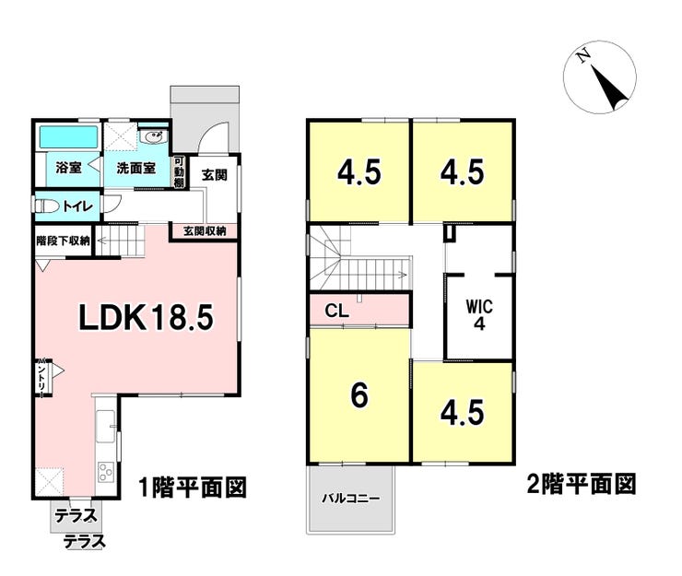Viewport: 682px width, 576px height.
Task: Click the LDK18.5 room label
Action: pyautogui.click(x=146, y=318)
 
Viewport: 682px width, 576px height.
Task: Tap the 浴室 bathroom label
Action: pyautogui.click(x=68, y=169)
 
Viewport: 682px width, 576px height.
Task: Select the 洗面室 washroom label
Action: pyautogui.click(x=135, y=170)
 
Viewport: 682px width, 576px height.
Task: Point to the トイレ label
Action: pyautogui.click(x=76, y=206)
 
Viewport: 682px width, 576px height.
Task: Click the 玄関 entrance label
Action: pyautogui.click(x=215, y=174)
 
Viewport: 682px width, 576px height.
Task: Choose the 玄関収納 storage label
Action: pyautogui.click(x=204, y=230)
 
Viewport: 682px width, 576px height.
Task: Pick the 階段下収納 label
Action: pyautogui.click(x=63, y=241)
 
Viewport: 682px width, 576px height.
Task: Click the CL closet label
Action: pyautogui.click(x=336, y=311)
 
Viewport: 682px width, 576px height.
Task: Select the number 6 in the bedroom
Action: pyautogui.click(x=359, y=394)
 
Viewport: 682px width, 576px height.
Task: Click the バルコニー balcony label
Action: pyautogui.click(x=350, y=498)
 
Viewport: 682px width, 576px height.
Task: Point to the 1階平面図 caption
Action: pyautogui.click(x=193, y=486)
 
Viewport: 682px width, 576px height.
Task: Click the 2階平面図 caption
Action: pyautogui.click(x=582, y=483)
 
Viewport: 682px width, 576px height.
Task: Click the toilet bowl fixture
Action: pyautogui.click(x=50, y=206)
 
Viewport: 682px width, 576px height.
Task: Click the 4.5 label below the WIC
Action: pyautogui.click(x=463, y=412)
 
